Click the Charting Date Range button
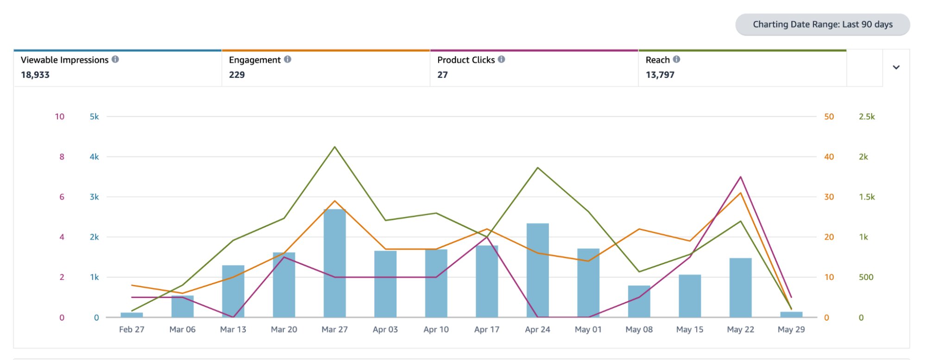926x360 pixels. click(x=822, y=25)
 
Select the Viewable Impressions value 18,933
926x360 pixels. click(x=35, y=75)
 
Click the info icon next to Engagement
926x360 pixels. click(x=288, y=59)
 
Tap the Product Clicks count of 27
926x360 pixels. click(x=442, y=75)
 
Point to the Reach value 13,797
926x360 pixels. click(x=660, y=75)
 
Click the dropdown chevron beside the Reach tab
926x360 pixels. click(x=896, y=67)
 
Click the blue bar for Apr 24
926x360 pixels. click(x=537, y=271)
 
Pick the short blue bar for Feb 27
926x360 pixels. click(x=132, y=315)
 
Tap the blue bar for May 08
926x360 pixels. click(x=639, y=301)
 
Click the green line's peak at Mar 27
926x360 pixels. click(x=334, y=147)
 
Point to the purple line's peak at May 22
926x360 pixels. click(x=740, y=177)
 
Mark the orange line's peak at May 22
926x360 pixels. click(x=740, y=193)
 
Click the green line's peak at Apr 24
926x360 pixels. click(x=537, y=168)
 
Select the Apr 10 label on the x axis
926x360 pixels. click(x=436, y=329)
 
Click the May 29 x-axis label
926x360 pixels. click(x=791, y=329)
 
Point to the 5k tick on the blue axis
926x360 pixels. click(x=94, y=117)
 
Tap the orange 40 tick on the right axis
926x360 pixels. click(x=829, y=157)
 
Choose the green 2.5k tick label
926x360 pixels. click(x=866, y=117)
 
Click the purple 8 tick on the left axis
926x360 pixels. click(x=62, y=157)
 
